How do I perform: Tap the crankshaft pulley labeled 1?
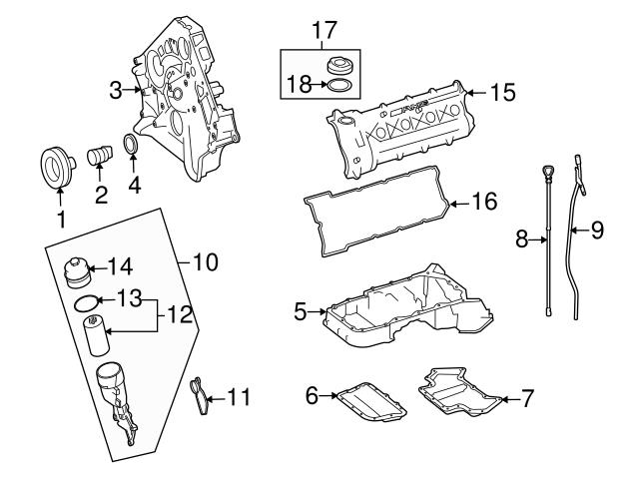(x=57, y=167)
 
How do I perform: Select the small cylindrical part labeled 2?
(x=100, y=160)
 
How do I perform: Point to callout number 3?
(x=116, y=90)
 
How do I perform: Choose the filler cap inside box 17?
(x=339, y=67)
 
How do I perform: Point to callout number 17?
(x=321, y=30)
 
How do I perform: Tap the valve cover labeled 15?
(x=399, y=125)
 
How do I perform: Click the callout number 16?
(x=484, y=203)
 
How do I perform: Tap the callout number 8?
(x=521, y=239)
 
